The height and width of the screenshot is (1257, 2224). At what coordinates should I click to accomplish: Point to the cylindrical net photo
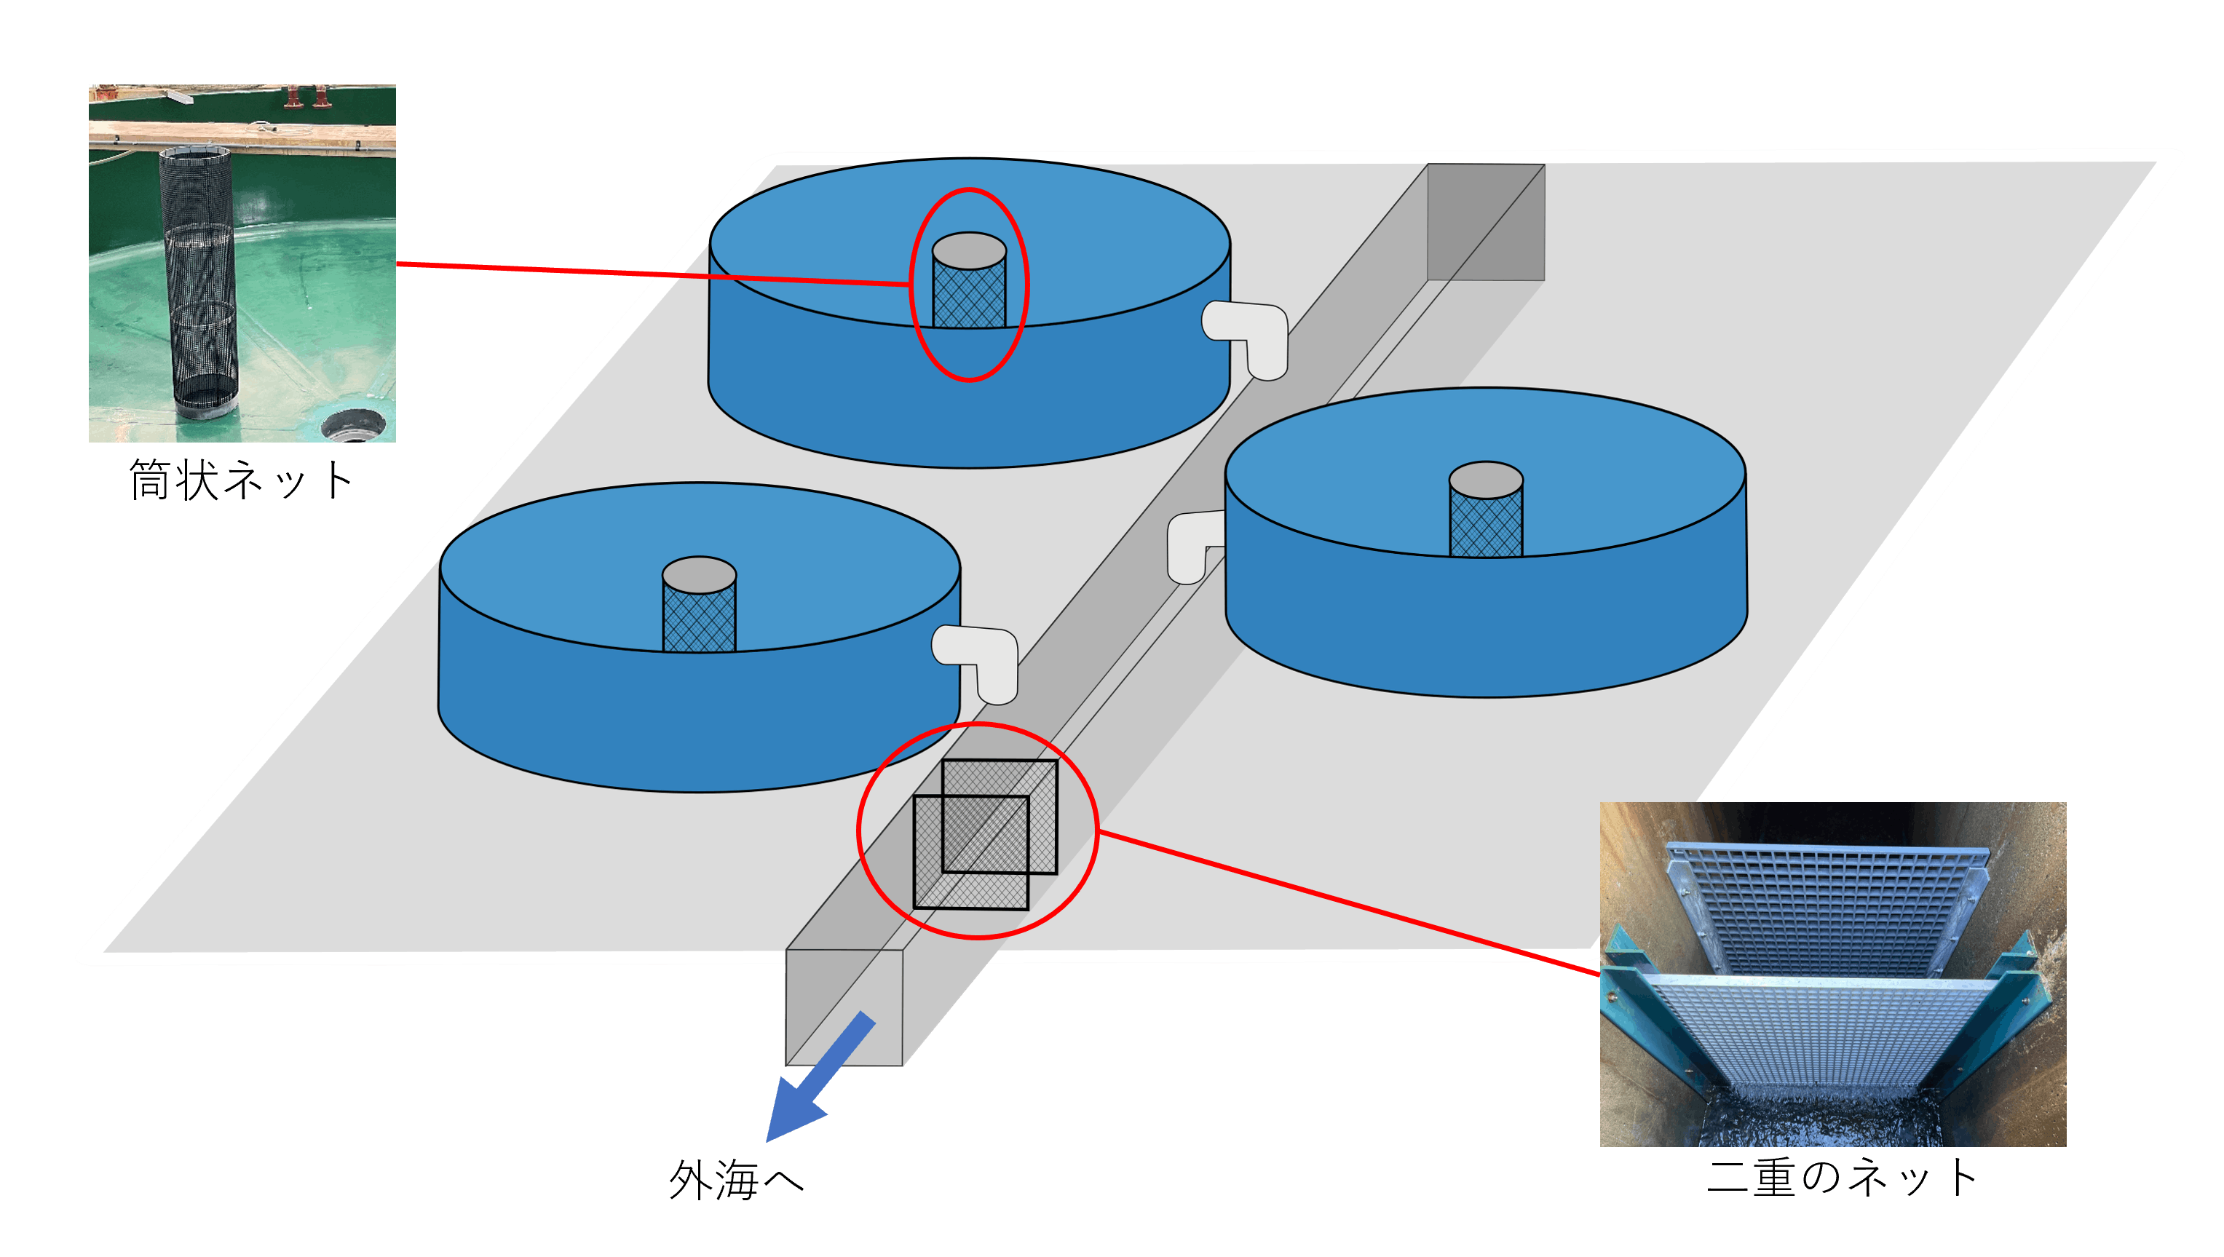coord(242,263)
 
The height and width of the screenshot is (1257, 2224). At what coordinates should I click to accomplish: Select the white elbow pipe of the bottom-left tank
coord(980,659)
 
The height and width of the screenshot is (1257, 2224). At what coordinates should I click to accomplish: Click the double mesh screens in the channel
coord(984,834)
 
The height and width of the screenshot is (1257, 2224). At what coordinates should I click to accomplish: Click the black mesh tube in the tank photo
coord(199,277)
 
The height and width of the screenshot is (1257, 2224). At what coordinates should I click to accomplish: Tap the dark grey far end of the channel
coord(1485,222)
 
